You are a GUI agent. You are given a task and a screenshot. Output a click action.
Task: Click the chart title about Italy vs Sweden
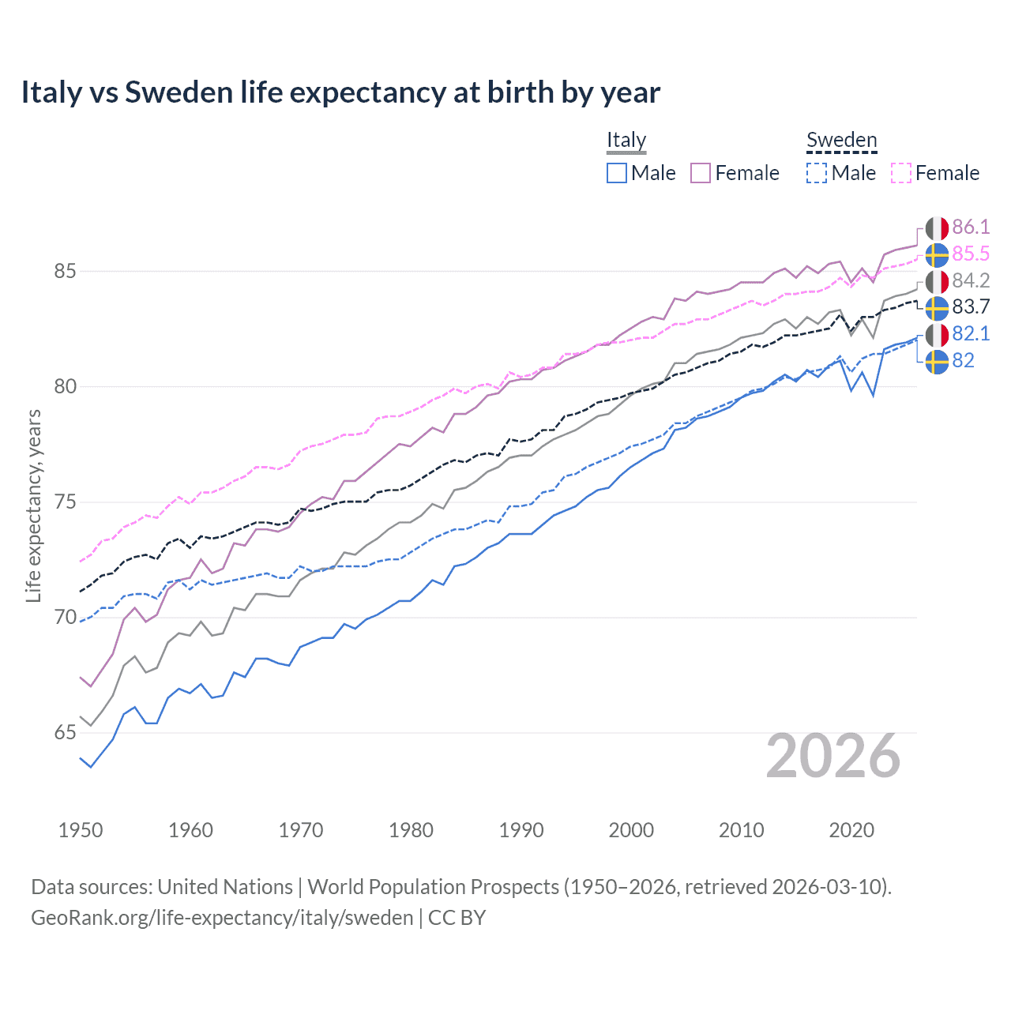tap(340, 92)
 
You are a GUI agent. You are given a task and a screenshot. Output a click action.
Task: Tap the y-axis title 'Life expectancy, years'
tap(33, 505)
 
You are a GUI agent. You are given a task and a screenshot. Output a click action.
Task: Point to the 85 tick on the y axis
tap(65, 271)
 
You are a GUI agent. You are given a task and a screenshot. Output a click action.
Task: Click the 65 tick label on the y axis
tap(65, 733)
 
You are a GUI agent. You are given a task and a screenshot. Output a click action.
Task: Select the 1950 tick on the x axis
tap(81, 830)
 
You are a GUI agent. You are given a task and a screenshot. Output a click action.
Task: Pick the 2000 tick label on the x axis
tap(631, 830)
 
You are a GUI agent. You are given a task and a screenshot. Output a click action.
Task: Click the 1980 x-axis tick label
tap(411, 830)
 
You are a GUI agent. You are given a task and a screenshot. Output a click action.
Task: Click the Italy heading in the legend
tap(626, 140)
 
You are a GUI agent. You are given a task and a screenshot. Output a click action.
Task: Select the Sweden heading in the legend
tap(841, 140)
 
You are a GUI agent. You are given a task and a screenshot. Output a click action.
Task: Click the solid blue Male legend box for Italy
tap(617, 173)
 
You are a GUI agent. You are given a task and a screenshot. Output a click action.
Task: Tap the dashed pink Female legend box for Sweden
tap(901, 173)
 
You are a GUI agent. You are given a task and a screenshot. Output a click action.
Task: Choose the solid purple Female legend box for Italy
tap(701, 173)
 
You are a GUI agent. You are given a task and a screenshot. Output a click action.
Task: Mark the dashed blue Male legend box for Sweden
tap(817, 173)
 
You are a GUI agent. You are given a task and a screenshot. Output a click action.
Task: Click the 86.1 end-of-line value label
tap(971, 227)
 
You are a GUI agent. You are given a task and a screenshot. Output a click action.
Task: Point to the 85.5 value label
tap(971, 254)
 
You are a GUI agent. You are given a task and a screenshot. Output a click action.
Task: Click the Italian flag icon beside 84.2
tap(937, 281)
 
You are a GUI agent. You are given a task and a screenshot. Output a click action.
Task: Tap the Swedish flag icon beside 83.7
tap(937, 307)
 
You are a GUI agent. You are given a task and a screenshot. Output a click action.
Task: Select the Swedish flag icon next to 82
tap(937, 361)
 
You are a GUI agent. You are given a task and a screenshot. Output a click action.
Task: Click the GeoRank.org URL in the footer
tap(222, 918)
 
